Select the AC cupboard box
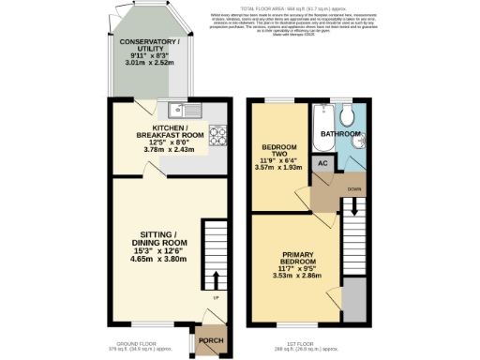pyautogui.click(x=322, y=163)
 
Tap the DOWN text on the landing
pyautogui.click(x=354, y=189)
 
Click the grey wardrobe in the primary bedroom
pyautogui.click(x=352, y=300)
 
